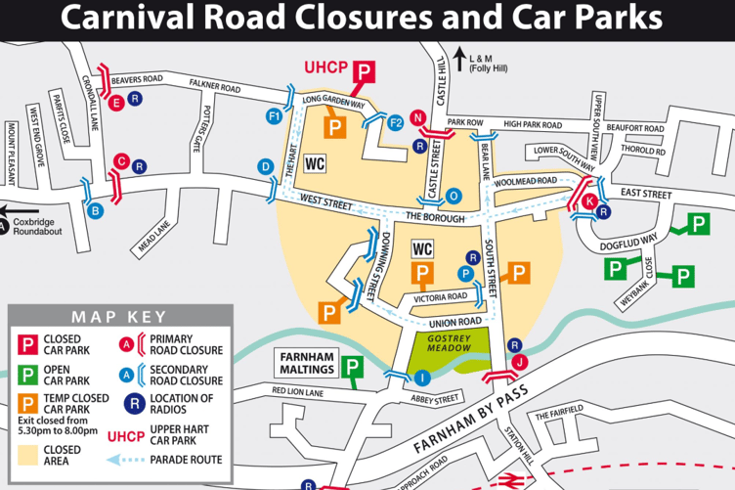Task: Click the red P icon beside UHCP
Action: tap(364, 71)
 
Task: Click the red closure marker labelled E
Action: tap(116, 102)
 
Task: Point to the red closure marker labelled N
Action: tap(418, 118)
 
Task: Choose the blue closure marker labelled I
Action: tap(421, 378)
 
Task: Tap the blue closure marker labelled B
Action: tap(96, 210)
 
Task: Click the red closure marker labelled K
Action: tap(589, 200)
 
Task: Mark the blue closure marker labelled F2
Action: tap(396, 122)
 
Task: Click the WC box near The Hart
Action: tap(316, 162)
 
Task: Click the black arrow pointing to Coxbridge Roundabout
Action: tap(17, 207)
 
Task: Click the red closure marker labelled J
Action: tap(520, 361)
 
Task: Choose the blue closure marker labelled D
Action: tap(265, 167)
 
